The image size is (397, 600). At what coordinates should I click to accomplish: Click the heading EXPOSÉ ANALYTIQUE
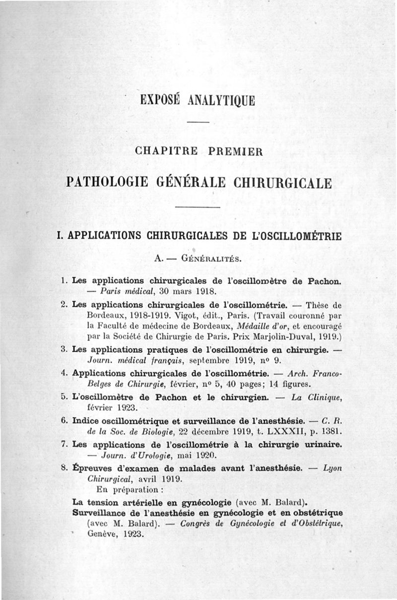[198, 100]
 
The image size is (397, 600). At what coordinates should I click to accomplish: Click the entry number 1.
[64, 280]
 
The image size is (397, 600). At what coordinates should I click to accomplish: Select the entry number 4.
[64, 373]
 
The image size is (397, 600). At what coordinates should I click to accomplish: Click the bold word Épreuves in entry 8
[94, 467]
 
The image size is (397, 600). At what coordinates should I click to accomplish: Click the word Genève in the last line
[101, 534]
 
